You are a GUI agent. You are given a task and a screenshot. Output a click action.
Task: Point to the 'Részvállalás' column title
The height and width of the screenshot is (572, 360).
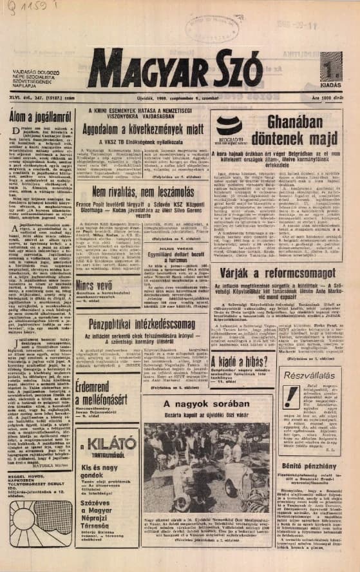[311, 374]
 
